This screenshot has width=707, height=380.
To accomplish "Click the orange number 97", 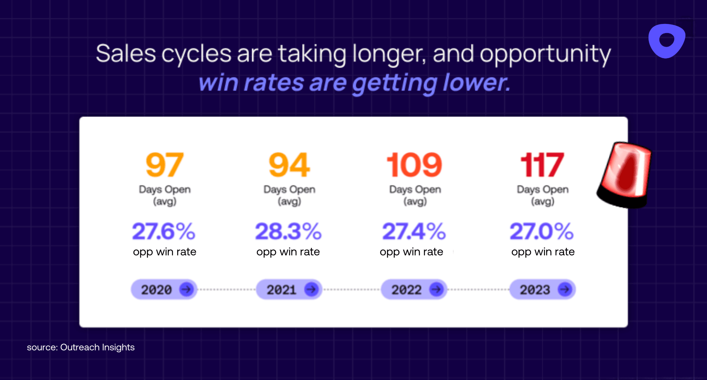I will point(165,165).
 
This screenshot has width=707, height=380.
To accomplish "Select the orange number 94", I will point(289,165).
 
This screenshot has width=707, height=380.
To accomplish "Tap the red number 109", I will point(414,165).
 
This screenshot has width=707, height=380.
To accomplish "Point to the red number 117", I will point(542,165).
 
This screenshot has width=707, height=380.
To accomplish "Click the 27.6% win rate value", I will point(164,231).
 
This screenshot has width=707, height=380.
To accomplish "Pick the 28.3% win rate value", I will point(288,231).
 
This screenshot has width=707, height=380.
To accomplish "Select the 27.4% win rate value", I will point(414,231).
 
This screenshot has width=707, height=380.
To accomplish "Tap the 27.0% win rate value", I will point(542,231).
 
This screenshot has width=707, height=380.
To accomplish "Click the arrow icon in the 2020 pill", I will point(186,290).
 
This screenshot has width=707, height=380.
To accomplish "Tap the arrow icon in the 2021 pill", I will point(311,290).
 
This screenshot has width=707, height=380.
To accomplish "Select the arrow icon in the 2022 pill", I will point(436,290).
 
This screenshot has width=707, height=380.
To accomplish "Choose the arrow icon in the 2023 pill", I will point(565,290).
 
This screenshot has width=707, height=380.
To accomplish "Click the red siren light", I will point(625,175).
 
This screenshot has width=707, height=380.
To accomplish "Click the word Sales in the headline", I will point(126,54).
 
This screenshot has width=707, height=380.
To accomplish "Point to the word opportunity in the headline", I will point(545,54).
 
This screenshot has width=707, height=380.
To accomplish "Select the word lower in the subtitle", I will point(475,82).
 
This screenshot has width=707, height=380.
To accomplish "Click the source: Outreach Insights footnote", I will point(81,347).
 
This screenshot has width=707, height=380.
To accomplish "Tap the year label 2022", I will point(406,290).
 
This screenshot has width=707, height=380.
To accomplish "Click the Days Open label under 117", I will point(542,190).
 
